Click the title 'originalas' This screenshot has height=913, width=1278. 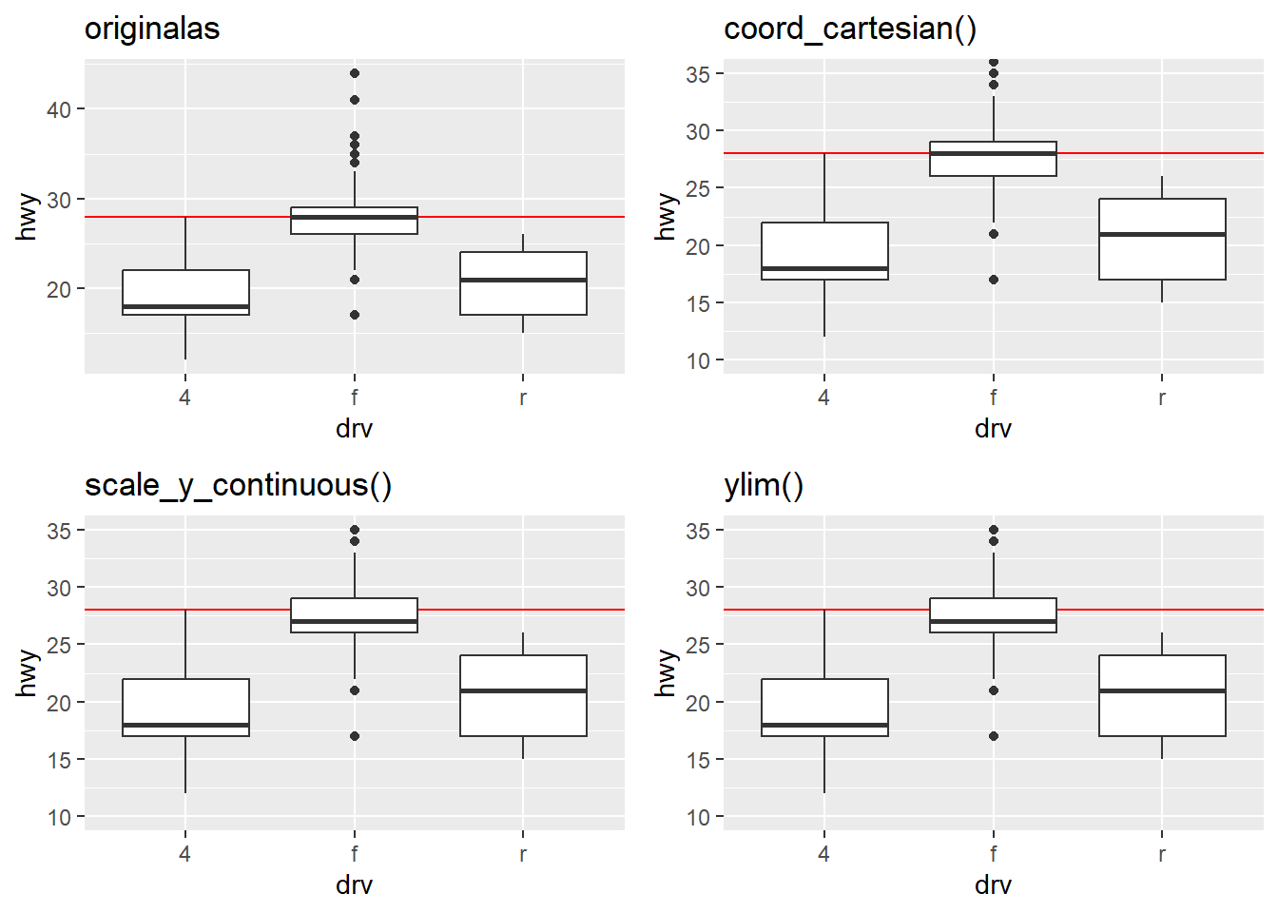(152, 29)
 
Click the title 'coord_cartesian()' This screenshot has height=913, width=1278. (850, 29)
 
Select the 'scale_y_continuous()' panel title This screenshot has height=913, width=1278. (238, 485)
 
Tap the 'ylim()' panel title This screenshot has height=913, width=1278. (764, 485)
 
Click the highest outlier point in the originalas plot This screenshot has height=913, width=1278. (355, 73)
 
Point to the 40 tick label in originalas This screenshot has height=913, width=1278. (59, 109)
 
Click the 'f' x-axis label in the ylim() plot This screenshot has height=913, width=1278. (994, 853)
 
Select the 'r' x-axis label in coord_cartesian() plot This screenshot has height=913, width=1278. (1162, 397)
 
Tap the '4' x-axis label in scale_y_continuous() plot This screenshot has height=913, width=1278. (184, 853)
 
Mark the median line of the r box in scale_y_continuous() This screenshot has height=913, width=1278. (523, 690)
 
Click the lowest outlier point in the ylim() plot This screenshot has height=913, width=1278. (994, 736)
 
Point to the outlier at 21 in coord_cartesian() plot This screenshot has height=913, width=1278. (994, 234)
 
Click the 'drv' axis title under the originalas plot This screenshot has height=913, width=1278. (354, 429)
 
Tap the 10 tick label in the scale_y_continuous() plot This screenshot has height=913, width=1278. (59, 817)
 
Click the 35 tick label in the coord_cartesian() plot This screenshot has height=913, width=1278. (698, 74)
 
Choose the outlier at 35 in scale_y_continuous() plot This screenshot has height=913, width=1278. (355, 530)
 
